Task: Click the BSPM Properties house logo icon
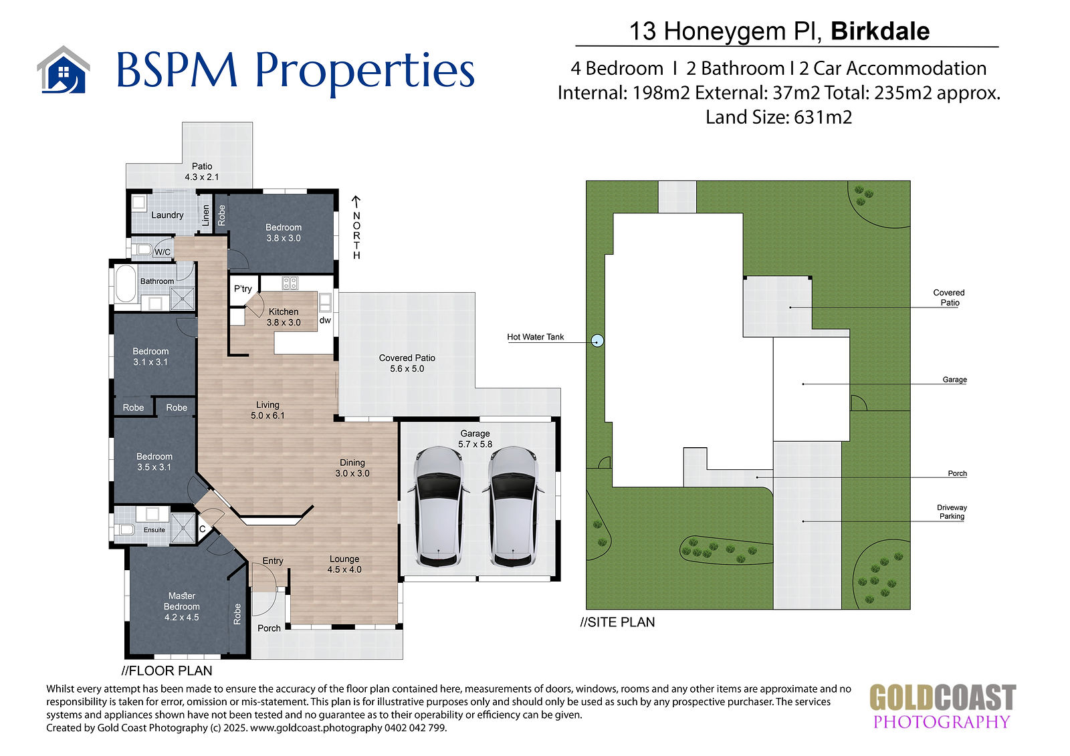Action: pos(64,70)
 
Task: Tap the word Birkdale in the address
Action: pos(880,31)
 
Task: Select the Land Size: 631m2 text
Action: pos(778,117)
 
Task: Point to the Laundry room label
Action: pos(167,215)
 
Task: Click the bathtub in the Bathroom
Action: pos(126,283)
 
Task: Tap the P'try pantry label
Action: pos(243,289)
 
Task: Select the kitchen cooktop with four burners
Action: pos(290,283)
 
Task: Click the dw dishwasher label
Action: pos(325,320)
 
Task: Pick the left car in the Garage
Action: pos(439,507)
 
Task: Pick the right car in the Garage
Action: pos(513,507)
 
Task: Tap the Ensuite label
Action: pos(154,529)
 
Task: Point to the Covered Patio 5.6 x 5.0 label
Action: pos(407,363)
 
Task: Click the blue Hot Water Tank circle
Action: pos(598,340)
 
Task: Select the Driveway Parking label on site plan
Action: pos(952,511)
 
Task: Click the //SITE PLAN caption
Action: pos(617,622)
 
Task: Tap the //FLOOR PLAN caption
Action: pos(167,670)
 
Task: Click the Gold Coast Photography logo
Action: pos(942,707)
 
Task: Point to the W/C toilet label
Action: pos(163,252)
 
